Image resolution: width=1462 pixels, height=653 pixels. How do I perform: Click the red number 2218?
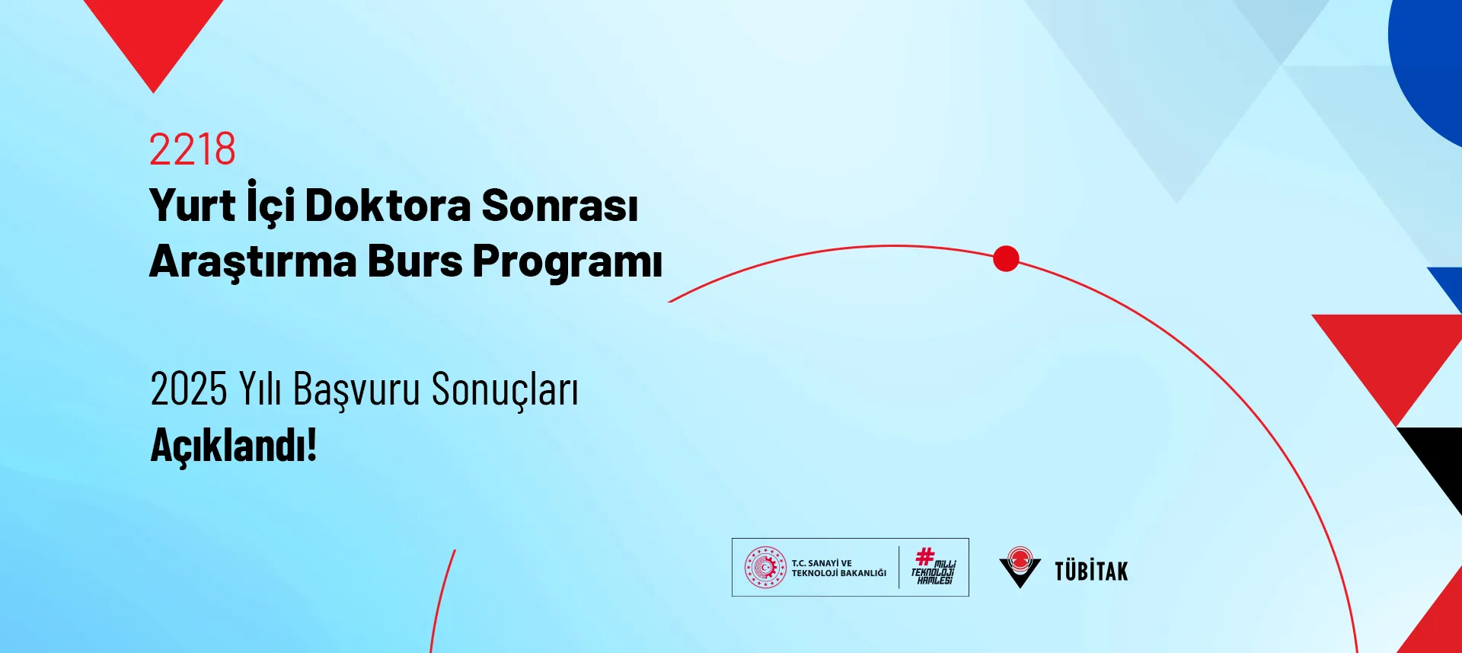tap(193, 149)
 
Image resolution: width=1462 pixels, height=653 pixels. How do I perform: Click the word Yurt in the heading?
tap(193, 205)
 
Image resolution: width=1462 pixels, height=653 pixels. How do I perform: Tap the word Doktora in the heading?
tap(388, 206)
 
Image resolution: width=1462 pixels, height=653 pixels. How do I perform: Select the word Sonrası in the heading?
tap(560, 206)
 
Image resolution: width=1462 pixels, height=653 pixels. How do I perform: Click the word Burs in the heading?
tap(415, 261)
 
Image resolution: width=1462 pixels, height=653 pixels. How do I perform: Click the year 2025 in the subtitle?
tap(189, 389)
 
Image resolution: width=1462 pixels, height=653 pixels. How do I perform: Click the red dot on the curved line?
tap(1006, 259)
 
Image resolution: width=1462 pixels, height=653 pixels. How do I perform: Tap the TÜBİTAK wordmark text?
tap(1091, 571)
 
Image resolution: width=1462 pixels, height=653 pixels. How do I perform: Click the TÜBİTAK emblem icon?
tap(1020, 568)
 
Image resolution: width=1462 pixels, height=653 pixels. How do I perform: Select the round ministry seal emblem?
tap(765, 568)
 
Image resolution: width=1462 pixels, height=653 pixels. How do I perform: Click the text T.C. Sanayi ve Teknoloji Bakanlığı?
tap(839, 568)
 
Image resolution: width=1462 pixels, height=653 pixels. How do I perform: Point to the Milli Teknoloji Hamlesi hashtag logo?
tap(934, 566)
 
